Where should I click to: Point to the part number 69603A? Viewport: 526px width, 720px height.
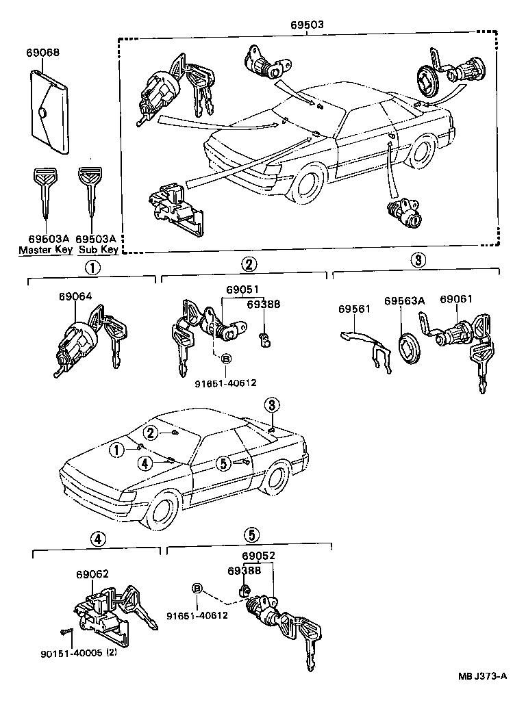point(45,239)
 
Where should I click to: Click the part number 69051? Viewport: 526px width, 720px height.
point(235,290)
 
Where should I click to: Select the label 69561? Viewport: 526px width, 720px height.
point(354,309)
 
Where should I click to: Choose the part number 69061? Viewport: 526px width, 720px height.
point(456,300)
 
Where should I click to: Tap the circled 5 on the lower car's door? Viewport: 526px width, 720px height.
point(223,463)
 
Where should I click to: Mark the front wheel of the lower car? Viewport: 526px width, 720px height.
point(164,513)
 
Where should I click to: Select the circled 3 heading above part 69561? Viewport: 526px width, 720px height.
point(418,260)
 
